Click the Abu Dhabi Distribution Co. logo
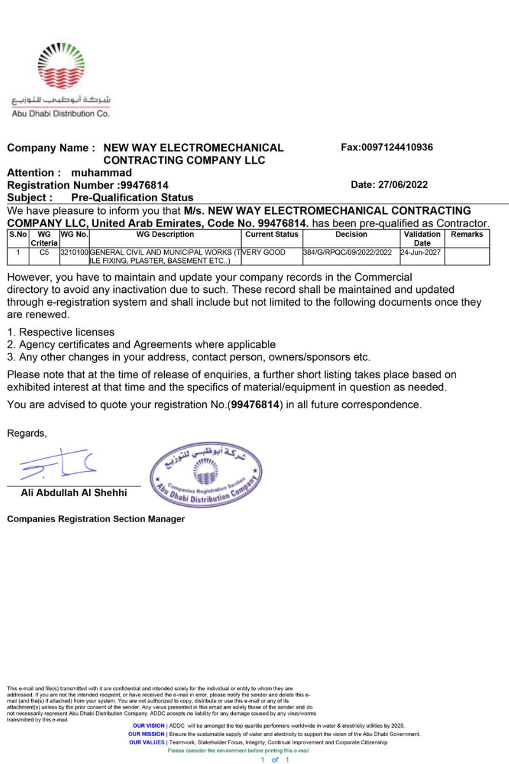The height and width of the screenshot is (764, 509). (61, 80)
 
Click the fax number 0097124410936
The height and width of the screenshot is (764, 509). (387, 148)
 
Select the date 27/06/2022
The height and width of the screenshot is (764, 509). (389, 185)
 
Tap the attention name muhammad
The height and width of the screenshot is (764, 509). (102, 173)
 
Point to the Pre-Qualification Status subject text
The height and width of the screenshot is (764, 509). (132, 198)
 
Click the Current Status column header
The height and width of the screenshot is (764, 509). (272, 235)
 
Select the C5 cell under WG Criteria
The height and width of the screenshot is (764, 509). (44, 253)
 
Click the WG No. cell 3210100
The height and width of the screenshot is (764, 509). (74, 253)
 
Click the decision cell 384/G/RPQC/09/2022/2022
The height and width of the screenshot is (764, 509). (347, 253)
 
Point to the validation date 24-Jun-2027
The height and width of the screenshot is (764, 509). (421, 253)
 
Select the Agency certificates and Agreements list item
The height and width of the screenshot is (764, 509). (141, 344)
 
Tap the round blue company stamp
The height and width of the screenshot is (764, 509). (205, 475)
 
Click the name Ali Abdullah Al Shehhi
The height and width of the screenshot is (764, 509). (74, 493)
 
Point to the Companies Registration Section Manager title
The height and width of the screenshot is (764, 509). (96, 519)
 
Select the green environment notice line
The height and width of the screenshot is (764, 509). (238, 751)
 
